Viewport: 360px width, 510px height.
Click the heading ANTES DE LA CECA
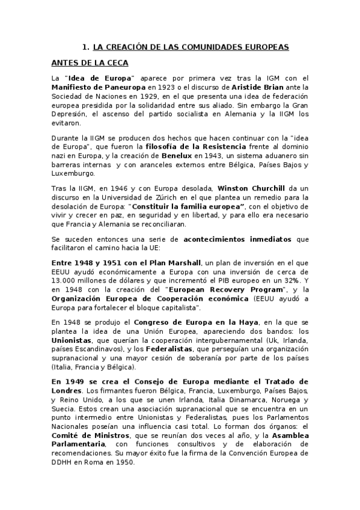pos(90,63)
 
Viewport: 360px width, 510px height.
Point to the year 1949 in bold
pos(79,381)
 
